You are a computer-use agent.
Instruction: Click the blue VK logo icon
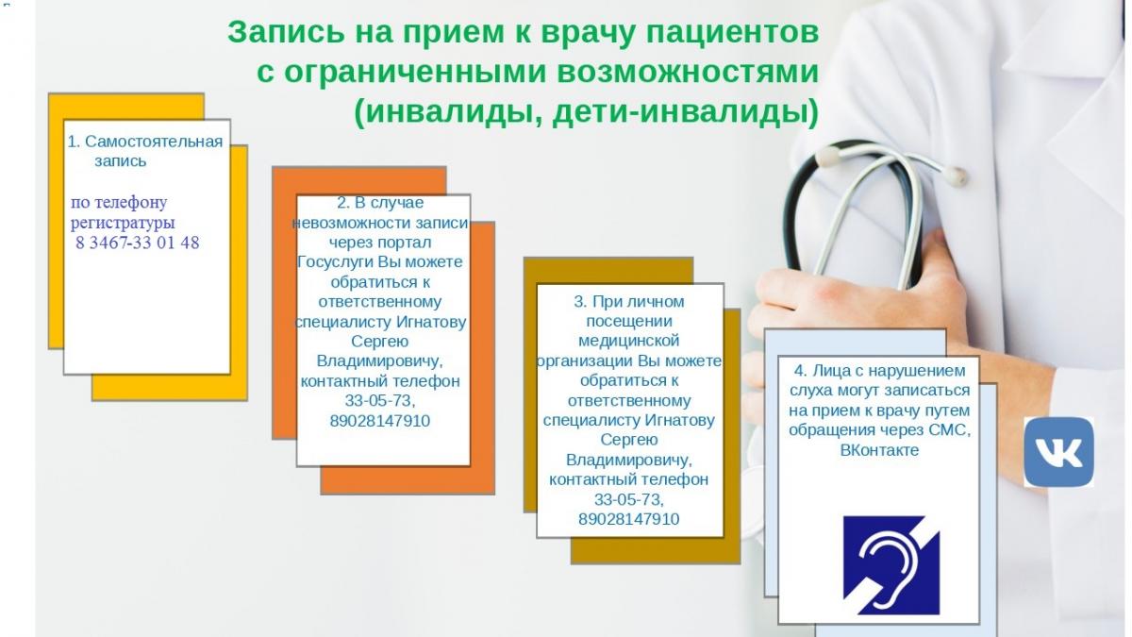tap(1058, 452)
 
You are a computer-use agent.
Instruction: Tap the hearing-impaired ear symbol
tap(891, 564)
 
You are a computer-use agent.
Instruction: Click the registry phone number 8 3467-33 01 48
tap(138, 243)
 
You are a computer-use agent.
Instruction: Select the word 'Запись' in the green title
tap(286, 33)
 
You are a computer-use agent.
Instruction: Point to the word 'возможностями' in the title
tap(688, 73)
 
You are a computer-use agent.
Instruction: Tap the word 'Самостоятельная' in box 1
tap(154, 142)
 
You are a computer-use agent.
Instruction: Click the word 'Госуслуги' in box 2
tap(336, 262)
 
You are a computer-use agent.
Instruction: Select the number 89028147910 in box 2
tap(379, 421)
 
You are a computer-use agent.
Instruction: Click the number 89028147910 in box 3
tap(628, 519)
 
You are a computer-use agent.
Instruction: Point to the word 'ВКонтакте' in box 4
tap(879, 450)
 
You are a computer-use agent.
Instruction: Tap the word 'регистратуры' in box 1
tap(123, 223)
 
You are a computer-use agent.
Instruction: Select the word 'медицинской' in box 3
tap(628, 341)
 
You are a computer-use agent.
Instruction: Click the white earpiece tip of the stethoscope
tap(955, 175)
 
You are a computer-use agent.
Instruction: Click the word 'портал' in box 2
tap(406, 243)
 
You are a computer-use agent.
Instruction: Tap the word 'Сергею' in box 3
tap(628, 440)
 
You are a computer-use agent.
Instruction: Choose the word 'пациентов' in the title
tap(733, 33)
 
